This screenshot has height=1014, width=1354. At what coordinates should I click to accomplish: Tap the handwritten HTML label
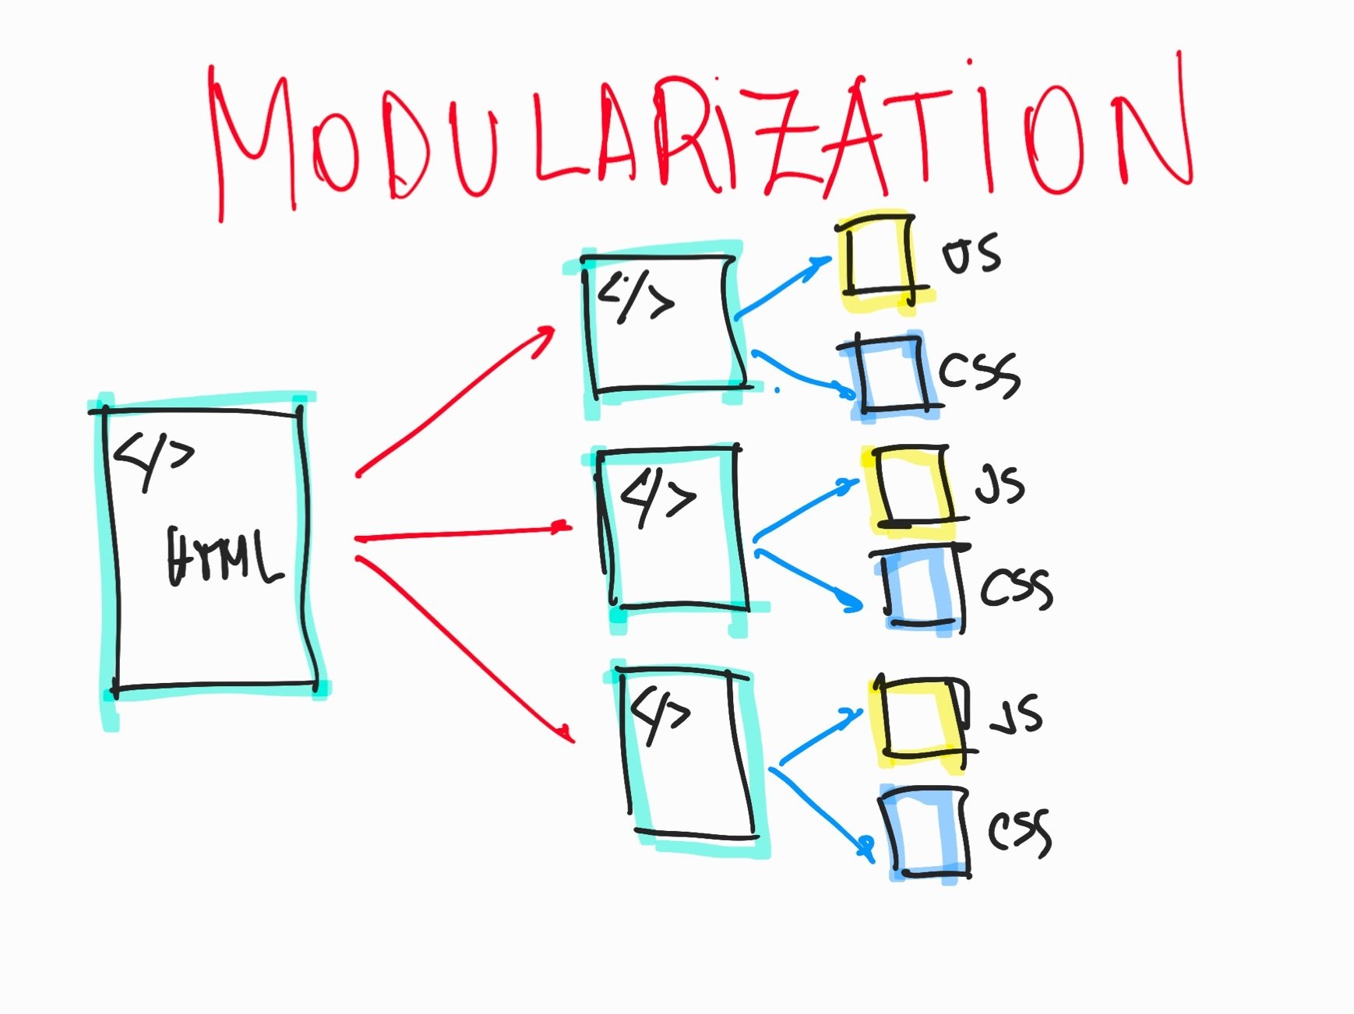point(224,556)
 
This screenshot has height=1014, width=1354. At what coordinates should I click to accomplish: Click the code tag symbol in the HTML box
point(153,459)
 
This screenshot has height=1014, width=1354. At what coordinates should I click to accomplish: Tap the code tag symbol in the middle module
point(658,497)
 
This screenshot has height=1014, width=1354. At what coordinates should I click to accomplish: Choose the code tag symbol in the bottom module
point(661,714)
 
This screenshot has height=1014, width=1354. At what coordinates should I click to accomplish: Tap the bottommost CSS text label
point(1020,831)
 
